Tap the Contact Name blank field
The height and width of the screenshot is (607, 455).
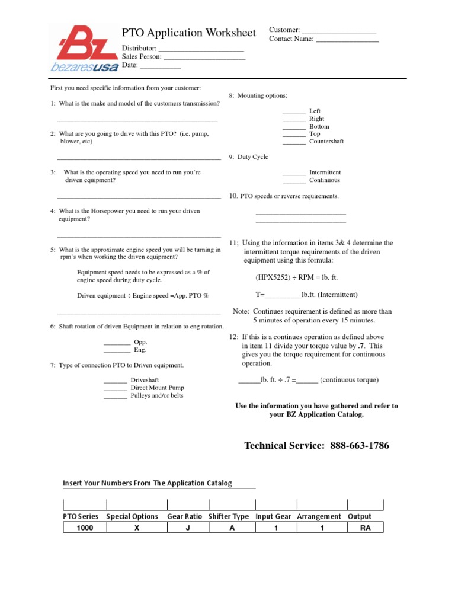click(347, 40)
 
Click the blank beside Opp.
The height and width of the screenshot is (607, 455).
click(117, 343)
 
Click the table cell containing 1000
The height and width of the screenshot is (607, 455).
click(85, 528)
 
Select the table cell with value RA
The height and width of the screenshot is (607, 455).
click(365, 528)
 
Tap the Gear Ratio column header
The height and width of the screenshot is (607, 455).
click(185, 516)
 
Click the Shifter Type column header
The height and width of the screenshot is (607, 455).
click(229, 516)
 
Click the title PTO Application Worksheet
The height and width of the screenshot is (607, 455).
click(189, 33)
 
